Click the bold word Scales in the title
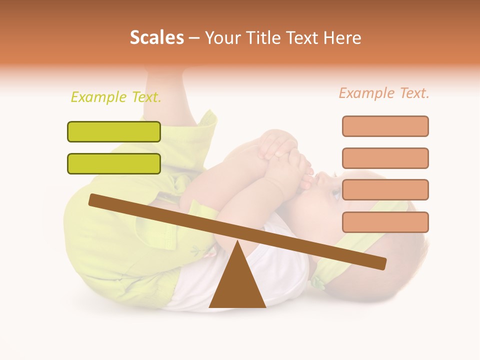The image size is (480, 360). pos(156,37)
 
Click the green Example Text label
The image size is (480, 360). pos(116,97)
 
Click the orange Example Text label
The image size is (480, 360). pos(384,93)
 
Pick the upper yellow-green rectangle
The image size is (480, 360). pos(114,131)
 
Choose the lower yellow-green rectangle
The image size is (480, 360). pos(114,163)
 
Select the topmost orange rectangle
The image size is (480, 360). pos(385,126)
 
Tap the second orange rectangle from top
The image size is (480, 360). pos(385,158)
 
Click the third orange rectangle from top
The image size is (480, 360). pos(385,190)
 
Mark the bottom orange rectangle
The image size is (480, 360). pos(385,222)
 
